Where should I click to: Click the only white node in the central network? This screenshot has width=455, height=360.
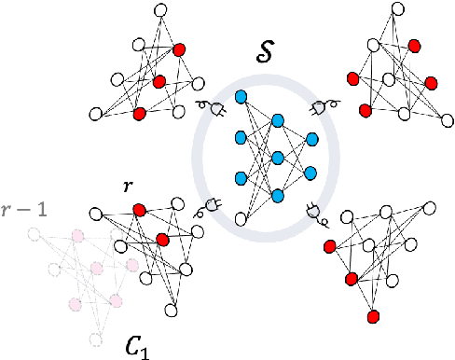tap(241, 219)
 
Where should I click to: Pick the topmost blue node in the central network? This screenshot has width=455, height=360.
tap(241, 96)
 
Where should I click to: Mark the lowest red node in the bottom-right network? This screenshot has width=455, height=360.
tap(373, 314)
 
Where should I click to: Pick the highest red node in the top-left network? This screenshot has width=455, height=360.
tap(179, 48)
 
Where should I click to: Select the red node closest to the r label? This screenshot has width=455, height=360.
tap(138, 209)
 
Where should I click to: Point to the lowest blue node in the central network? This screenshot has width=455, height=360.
tap(278, 195)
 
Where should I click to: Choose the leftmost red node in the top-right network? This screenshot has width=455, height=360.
tap(352, 78)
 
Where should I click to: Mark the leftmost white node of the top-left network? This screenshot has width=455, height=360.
tap(94, 114)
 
